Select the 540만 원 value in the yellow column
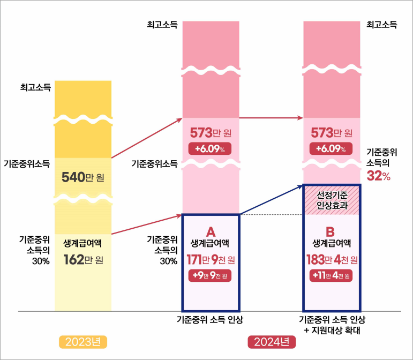tap(83, 177)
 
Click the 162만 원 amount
tap(83, 260)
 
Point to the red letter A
tap(211, 231)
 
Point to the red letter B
tap(331, 231)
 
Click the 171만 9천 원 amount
tap(211, 260)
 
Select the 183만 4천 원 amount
tap(331, 260)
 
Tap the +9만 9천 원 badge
tap(211, 276)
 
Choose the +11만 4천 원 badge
tap(331, 276)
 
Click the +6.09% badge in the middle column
tap(210, 148)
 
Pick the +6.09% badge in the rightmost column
tap(331, 148)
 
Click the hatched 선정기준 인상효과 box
tap(332, 199)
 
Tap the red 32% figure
tap(378, 176)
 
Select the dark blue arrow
tap(271, 199)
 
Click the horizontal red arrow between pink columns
tap(271, 117)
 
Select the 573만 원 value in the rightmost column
tap(331, 132)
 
